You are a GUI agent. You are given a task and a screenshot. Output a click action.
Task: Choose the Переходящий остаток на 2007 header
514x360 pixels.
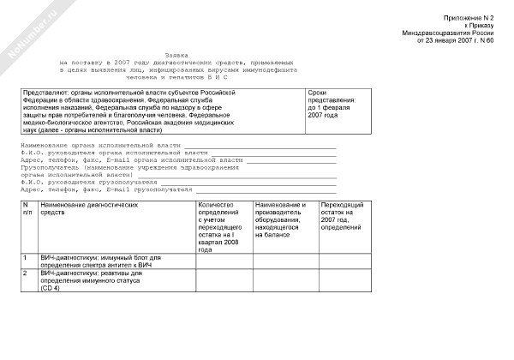click(x=342, y=215)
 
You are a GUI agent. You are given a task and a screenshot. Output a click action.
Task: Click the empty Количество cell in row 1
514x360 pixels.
click(x=224, y=262)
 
